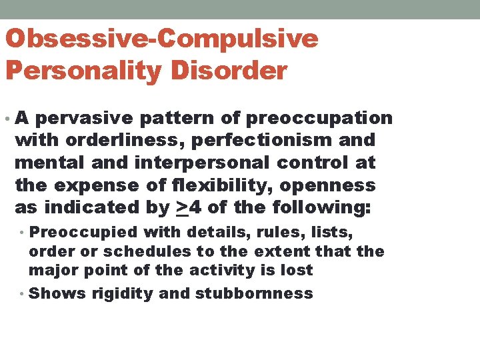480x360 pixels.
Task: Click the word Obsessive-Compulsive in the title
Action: [161, 39]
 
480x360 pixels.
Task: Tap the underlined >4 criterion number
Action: [189, 207]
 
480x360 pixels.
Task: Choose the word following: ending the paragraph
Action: [322, 207]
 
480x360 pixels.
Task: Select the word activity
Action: [221, 270]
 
